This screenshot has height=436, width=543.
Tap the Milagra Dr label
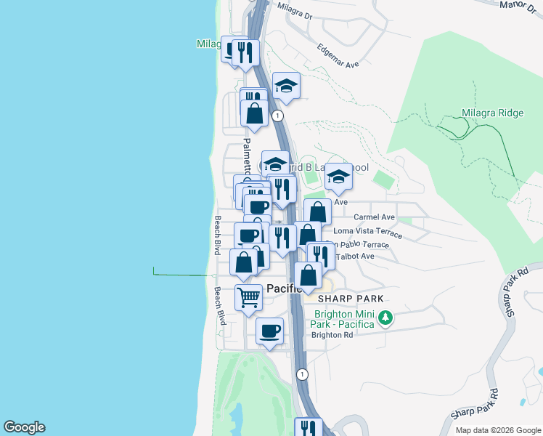pos(294,10)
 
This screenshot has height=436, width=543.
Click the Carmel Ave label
pos(374,217)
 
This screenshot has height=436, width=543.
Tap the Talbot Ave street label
pos(357,256)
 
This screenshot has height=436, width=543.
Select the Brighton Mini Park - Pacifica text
pos(344,319)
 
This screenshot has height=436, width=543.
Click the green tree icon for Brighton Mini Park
pos(387,318)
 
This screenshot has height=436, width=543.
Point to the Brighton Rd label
pos(332,335)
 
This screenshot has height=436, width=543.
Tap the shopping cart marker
pos(248,297)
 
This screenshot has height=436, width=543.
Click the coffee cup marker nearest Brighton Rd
pos(270,331)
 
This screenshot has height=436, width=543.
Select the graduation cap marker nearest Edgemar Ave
pos(286,86)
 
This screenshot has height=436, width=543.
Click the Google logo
pos(24,427)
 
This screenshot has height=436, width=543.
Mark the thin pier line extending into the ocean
pos(185,275)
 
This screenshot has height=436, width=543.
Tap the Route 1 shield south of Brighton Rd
pos(303,374)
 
